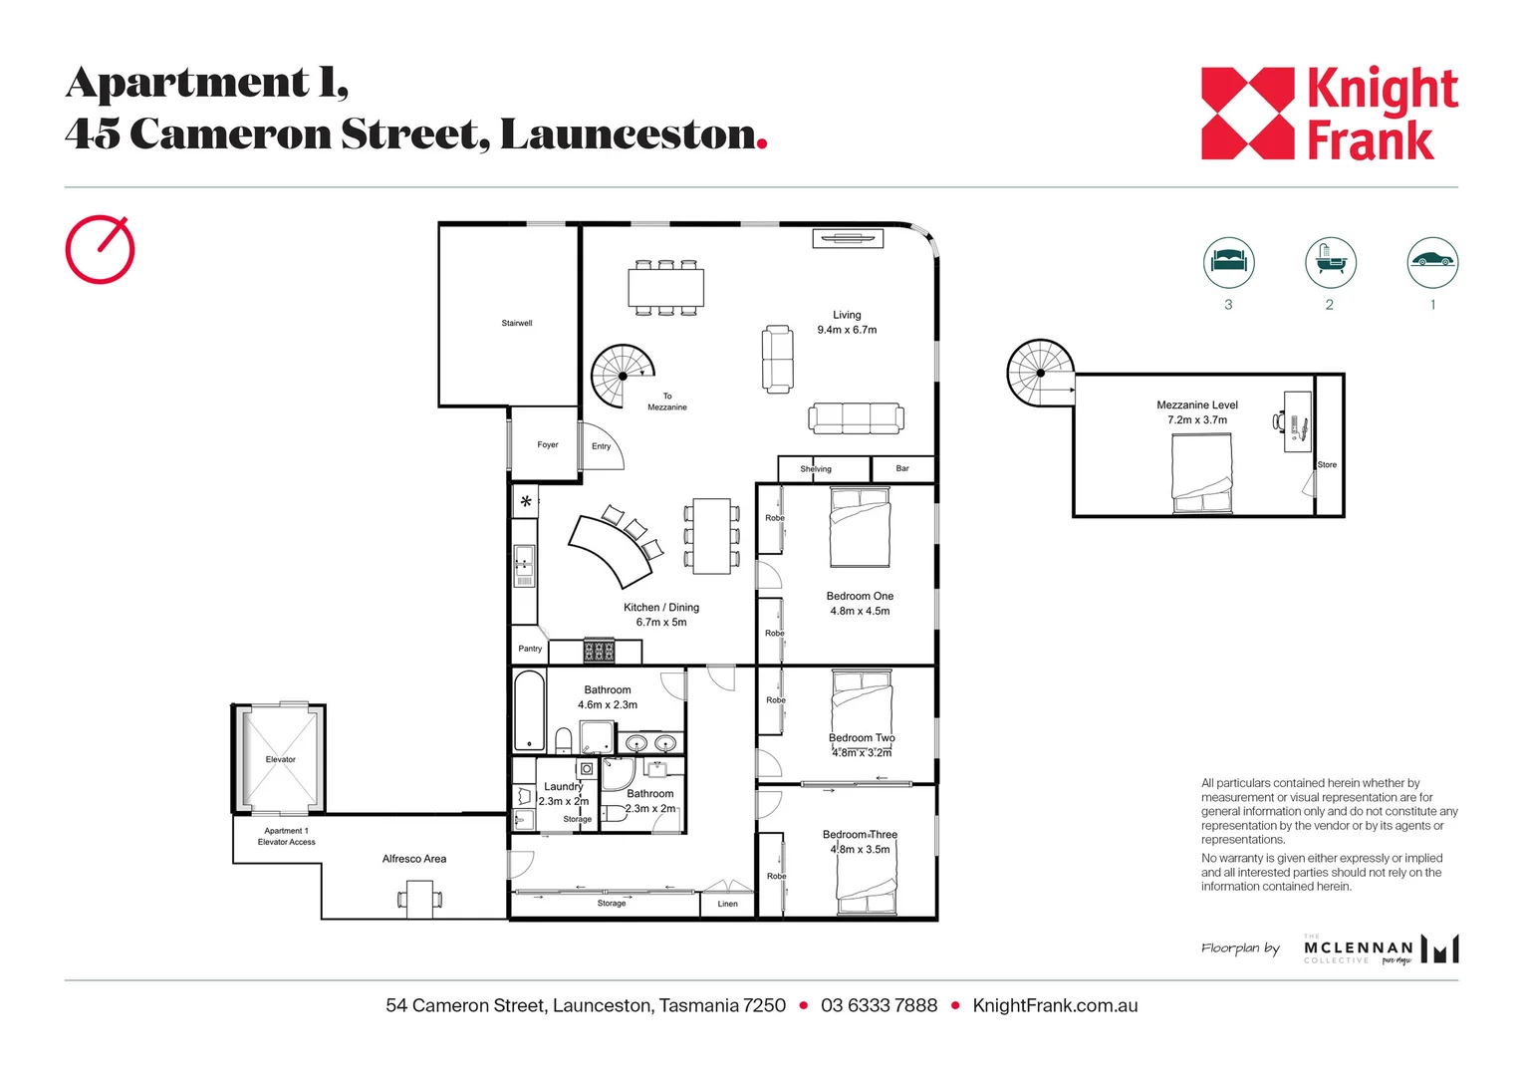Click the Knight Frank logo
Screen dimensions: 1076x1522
click(x=1329, y=114)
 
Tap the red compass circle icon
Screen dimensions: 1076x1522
click(x=100, y=249)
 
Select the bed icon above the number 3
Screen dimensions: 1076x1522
click(x=1228, y=262)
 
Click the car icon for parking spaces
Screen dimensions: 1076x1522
click(x=1431, y=262)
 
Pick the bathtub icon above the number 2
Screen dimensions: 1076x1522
click(x=1330, y=262)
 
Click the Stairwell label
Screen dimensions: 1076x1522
click(x=516, y=323)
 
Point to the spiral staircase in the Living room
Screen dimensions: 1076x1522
click(x=623, y=376)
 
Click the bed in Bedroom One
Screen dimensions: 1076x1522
click(x=860, y=526)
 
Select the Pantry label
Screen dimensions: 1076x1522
click(x=530, y=649)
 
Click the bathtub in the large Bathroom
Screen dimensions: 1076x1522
click(x=529, y=710)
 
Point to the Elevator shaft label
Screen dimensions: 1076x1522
click(x=280, y=759)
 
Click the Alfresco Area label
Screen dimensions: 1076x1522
click(x=414, y=859)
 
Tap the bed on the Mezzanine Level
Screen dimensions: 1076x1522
click(x=1201, y=473)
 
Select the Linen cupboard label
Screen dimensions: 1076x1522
click(x=728, y=904)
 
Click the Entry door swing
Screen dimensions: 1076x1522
click(x=604, y=447)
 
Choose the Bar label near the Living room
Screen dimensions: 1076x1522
click(x=902, y=468)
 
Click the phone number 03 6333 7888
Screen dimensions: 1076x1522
click(x=879, y=1005)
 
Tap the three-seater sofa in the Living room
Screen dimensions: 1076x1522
click(x=857, y=417)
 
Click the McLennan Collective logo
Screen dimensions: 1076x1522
click(x=1381, y=949)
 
